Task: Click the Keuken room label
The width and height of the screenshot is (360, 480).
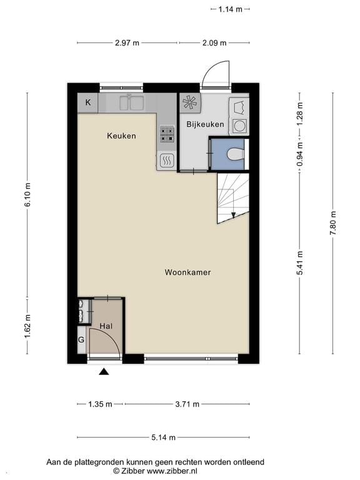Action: coord(121,136)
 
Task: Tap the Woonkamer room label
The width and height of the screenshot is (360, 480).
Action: coord(187,272)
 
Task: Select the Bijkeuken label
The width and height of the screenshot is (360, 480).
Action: coord(205,124)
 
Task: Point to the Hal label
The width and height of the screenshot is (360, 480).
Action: coord(106,326)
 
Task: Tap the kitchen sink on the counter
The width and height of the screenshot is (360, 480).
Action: coord(131,102)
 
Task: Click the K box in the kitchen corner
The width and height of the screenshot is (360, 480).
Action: coord(87,102)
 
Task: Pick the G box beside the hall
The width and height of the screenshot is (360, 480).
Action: coord(81,340)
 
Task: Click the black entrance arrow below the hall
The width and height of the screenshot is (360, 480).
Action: coord(104,372)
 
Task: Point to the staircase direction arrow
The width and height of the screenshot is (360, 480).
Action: coord(233,214)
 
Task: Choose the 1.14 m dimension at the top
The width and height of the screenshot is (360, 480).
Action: coord(230,9)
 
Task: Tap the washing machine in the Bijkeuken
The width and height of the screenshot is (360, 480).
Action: coord(239,126)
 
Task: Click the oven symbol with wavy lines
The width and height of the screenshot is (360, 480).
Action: coord(167,161)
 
